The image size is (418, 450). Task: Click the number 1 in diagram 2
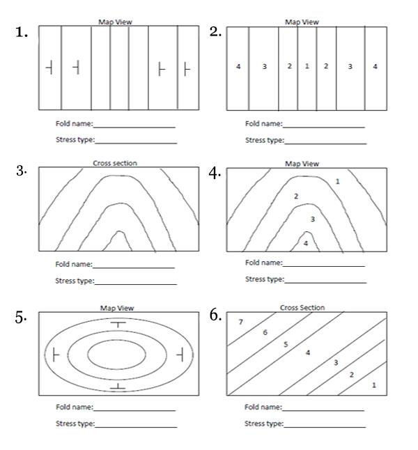307,66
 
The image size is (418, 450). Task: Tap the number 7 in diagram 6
240,322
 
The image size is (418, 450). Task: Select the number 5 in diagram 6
285,344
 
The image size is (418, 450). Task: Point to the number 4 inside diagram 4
305,243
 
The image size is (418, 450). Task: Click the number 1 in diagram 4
337,181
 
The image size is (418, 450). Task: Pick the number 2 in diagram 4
295,196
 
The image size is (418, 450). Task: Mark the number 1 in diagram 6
374,385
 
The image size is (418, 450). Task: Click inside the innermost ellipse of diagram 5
117,354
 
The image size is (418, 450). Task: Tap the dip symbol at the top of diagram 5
119,325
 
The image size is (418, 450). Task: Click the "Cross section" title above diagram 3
115,163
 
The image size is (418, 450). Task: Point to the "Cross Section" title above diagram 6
302,307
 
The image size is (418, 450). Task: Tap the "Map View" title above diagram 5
116,308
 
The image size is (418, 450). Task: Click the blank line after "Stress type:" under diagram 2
325,142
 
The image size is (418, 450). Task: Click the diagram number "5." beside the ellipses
21,317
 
